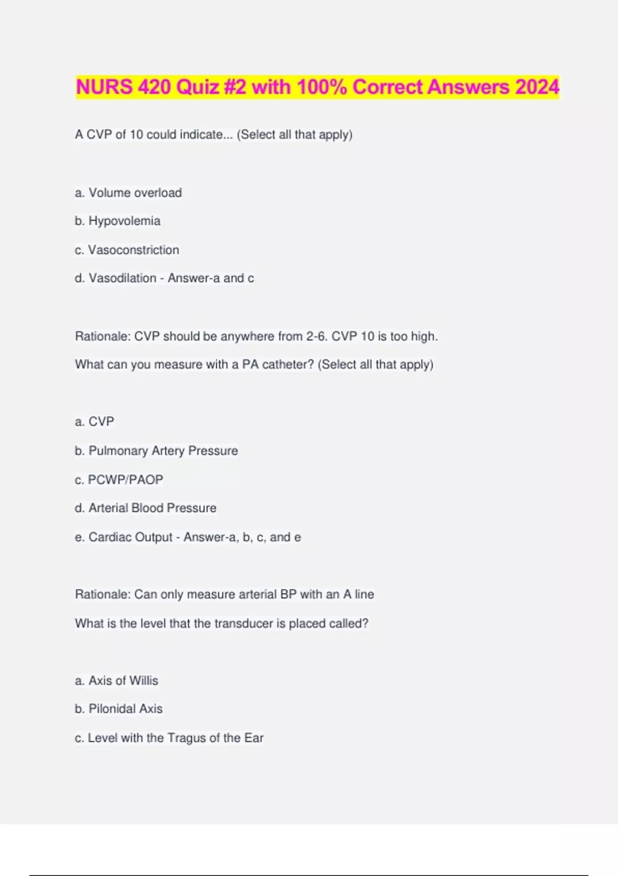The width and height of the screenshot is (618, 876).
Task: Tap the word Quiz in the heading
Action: click(197, 87)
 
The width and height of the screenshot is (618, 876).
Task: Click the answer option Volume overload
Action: click(135, 193)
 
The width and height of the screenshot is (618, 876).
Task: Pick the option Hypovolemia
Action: click(124, 221)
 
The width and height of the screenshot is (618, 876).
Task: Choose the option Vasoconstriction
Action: click(133, 250)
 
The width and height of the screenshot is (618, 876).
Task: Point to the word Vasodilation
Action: click(122, 278)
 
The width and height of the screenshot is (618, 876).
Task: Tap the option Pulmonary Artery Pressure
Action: click(163, 451)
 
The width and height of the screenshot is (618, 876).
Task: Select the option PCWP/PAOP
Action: click(125, 480)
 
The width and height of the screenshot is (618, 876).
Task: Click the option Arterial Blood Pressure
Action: click(152, 508)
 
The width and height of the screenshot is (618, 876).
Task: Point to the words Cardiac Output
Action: click(130, 537)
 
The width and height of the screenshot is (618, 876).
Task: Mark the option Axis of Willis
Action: click(123, 681)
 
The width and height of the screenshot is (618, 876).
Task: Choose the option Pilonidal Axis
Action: click(125, 709)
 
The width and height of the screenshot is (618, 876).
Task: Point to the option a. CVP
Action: click(101, 422)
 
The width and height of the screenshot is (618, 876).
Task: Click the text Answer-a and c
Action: click(211, 278)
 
